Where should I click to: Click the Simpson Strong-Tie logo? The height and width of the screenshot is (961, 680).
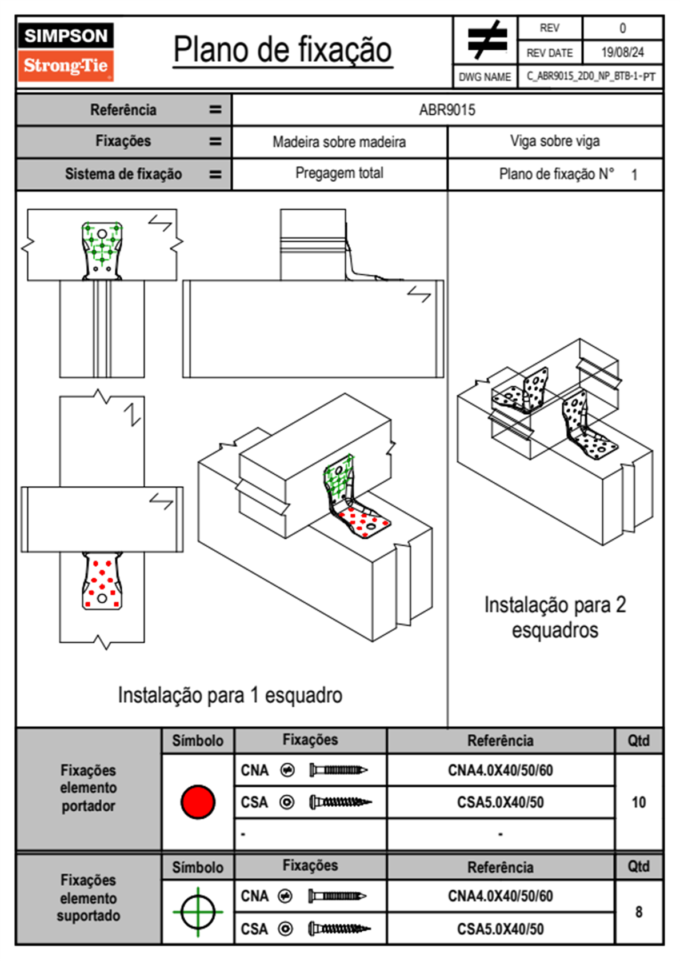65,52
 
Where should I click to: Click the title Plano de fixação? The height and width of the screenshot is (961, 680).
282,50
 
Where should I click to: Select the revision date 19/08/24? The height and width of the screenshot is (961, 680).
622,53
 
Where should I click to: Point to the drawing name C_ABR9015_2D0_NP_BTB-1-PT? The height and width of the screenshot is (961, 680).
590,77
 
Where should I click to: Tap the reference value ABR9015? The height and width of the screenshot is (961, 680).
447,110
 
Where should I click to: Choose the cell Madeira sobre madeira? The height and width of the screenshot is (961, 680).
339,142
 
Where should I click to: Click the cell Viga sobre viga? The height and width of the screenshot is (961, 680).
555,141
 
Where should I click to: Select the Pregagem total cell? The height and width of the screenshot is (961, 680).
339,173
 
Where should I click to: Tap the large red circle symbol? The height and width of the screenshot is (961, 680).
198,802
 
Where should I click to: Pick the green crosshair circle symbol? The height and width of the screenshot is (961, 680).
198,912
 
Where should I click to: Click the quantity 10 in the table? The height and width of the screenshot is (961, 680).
638,802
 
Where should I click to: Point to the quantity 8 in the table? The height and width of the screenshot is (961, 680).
638,912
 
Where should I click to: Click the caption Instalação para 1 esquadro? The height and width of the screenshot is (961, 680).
230,695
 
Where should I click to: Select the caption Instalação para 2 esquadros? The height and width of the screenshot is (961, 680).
555,617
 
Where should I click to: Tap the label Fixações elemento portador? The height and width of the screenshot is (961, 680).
89,788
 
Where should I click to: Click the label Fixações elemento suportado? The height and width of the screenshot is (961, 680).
89,898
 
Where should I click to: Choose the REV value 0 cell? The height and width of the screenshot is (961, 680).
622,28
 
